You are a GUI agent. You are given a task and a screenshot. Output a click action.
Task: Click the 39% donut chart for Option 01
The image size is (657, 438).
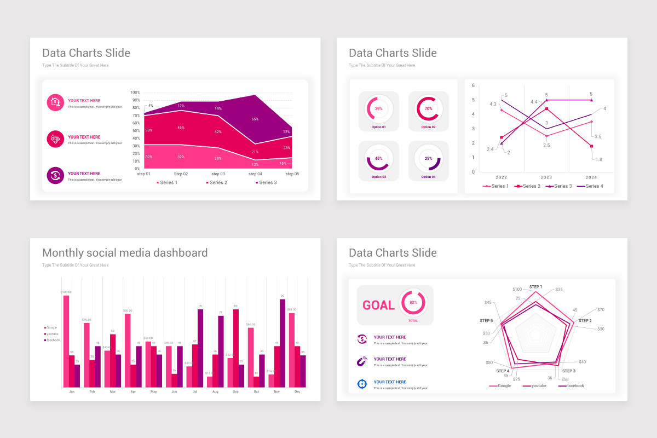[379, 108]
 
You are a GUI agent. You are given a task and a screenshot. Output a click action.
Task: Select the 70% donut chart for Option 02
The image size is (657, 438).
[428, 108]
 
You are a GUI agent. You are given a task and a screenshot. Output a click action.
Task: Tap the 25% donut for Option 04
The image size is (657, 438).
[428, 159]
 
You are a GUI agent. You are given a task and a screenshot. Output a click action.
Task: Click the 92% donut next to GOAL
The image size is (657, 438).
[413, 302]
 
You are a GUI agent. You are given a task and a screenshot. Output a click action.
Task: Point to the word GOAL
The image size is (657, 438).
[378, 306]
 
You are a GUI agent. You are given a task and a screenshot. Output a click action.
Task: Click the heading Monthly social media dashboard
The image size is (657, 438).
[125, 253]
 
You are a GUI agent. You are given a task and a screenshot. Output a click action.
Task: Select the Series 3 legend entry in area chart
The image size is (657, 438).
[266, 182]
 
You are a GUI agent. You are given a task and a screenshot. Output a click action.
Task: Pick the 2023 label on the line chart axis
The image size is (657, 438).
[546, 177]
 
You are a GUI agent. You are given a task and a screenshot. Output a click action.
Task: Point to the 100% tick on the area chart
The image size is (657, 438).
[135, 93]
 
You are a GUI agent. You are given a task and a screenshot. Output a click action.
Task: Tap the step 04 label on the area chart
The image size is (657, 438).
[255, 174]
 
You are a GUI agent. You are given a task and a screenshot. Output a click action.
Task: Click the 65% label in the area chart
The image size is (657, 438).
[255, 119]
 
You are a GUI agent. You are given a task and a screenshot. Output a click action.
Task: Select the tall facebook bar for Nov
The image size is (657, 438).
[283, 343]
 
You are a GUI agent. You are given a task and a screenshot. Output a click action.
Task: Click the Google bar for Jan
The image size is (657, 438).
[66, 341]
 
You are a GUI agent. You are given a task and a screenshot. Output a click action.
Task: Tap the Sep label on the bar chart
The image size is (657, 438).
[235, 392]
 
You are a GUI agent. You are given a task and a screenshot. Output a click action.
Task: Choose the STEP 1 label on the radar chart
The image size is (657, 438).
[535, 287]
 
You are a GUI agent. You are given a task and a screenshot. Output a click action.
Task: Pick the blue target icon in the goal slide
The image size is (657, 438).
[362, 384]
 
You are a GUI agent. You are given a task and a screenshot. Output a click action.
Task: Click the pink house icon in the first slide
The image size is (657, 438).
[55, 102]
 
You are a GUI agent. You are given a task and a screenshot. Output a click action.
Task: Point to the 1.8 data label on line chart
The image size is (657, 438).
[598, 159]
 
